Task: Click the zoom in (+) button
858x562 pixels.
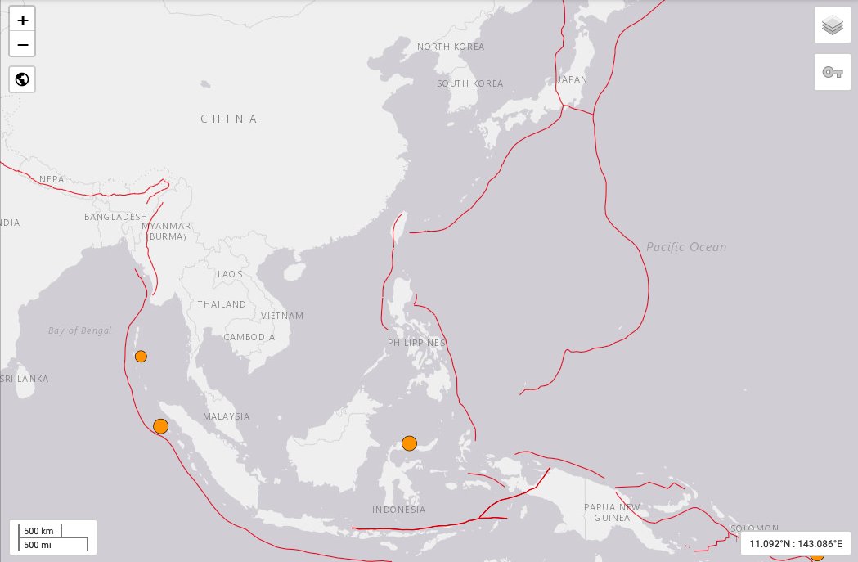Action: pos(22,20)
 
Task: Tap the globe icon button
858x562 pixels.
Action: pos(22,79)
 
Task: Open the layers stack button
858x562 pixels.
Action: pos(833,25)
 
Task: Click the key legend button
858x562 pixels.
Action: pos(833,72)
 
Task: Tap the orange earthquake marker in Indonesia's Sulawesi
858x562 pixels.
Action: pos(409,443)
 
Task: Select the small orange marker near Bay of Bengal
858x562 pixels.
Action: pos(141,356)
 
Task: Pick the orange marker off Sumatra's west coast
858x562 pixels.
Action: pos(160,425)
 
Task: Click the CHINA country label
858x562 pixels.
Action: pos(229,119)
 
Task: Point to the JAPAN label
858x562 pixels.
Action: pos(572,79)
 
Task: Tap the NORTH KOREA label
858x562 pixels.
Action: pos(451,47)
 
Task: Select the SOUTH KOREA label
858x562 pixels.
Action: pos(469,83)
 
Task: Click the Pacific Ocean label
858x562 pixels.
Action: pos(685,246)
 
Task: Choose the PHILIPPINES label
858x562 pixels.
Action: pos(417,343)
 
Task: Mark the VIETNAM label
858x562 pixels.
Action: pos(282,316)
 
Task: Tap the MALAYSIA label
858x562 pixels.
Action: pos(226,416)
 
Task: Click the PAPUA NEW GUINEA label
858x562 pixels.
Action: pos(607,512)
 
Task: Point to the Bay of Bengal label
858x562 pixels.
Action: pos(79,330)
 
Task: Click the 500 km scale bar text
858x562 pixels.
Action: pos(38,531)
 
